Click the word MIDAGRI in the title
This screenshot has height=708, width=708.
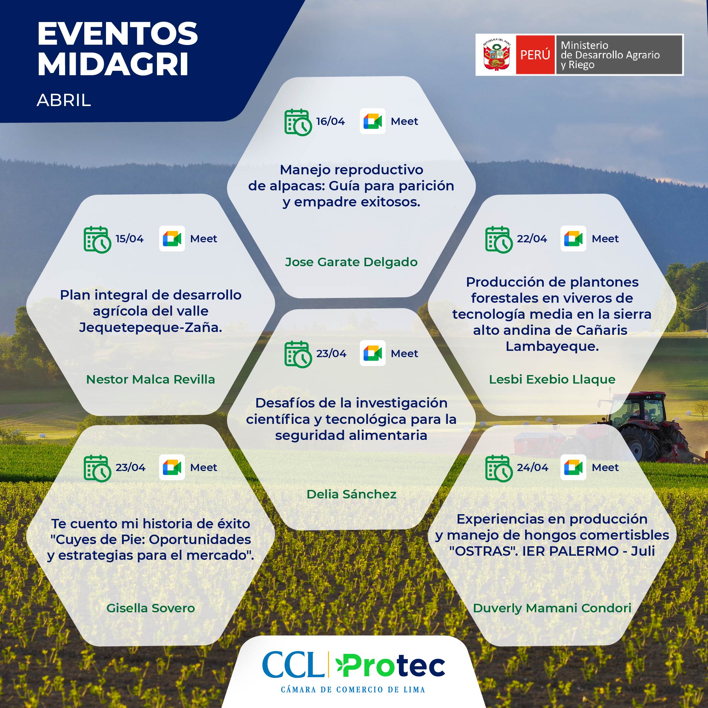pos(113,65)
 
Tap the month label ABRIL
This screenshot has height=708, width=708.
pos(64,100)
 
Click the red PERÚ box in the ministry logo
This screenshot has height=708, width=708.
pos(535,55)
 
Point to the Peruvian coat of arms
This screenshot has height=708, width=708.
pos(496,55)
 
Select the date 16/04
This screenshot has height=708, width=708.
pos(330,121)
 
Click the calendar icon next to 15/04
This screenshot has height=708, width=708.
pos(97,239)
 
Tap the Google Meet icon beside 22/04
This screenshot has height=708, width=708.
pos(573,239)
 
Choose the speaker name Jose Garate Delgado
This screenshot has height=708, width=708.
pos(351,262)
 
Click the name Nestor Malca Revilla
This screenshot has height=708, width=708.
pos(150,379)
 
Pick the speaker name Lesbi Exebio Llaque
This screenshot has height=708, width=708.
pos(552,379)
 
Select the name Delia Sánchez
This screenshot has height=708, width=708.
pos(351,494)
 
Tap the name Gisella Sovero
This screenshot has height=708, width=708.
pos(150,608)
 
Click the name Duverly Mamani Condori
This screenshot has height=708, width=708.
pos(552,608)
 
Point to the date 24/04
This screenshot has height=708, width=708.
pos(532,468)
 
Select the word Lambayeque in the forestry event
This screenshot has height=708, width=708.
pos(552,346)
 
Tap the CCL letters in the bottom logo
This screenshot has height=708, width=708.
pos(293,665)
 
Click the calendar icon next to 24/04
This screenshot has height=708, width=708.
pos(499,468)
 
